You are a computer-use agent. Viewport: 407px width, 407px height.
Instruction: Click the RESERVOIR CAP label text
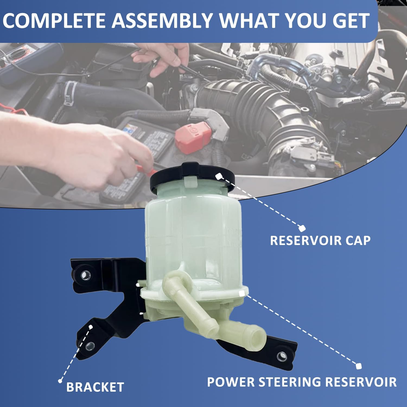click(x=320, y=240)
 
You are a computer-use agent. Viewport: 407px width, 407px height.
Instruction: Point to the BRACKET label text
click(x=95, y=387)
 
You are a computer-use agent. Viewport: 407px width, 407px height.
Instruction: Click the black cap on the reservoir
click(x=193, y=174)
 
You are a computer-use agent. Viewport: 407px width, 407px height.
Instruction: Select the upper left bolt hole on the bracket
click(x=87, y=276)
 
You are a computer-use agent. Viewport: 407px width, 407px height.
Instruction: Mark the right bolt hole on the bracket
click(x=282, y=356)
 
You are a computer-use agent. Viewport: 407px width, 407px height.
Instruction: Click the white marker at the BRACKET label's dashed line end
click(x=60, y=381)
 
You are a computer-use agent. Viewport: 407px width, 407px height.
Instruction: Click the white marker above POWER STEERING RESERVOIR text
click(x=358, y=366)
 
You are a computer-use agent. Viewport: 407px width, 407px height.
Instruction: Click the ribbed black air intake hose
click(x=236, y=98)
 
